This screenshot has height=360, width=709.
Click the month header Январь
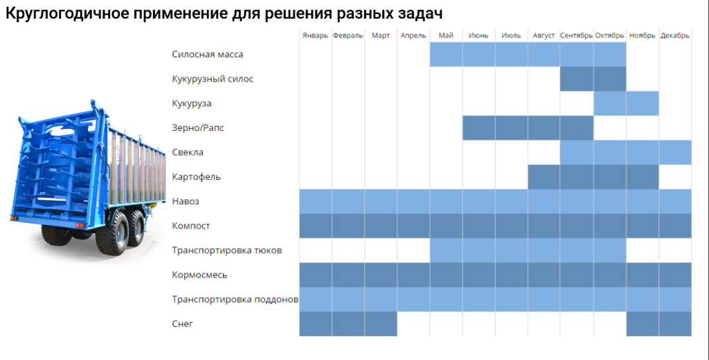315,35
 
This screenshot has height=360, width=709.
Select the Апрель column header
413,35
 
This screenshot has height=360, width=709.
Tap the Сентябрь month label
576,35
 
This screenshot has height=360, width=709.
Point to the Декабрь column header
675,35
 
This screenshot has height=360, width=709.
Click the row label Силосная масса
207,54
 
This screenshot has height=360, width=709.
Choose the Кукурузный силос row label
213,79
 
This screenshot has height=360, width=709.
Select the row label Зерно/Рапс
198,127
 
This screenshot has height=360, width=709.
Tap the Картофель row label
196,177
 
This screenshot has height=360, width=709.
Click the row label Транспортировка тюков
226,250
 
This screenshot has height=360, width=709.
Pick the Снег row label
182,323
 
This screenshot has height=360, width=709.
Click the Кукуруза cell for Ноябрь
642,103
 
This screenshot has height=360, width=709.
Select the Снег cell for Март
380,323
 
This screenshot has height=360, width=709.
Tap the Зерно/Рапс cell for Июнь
478,127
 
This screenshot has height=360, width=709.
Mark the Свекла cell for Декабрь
675,152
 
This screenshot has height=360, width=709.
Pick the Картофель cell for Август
544,177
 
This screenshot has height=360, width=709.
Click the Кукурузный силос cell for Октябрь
609,79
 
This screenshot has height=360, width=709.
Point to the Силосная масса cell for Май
446,54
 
